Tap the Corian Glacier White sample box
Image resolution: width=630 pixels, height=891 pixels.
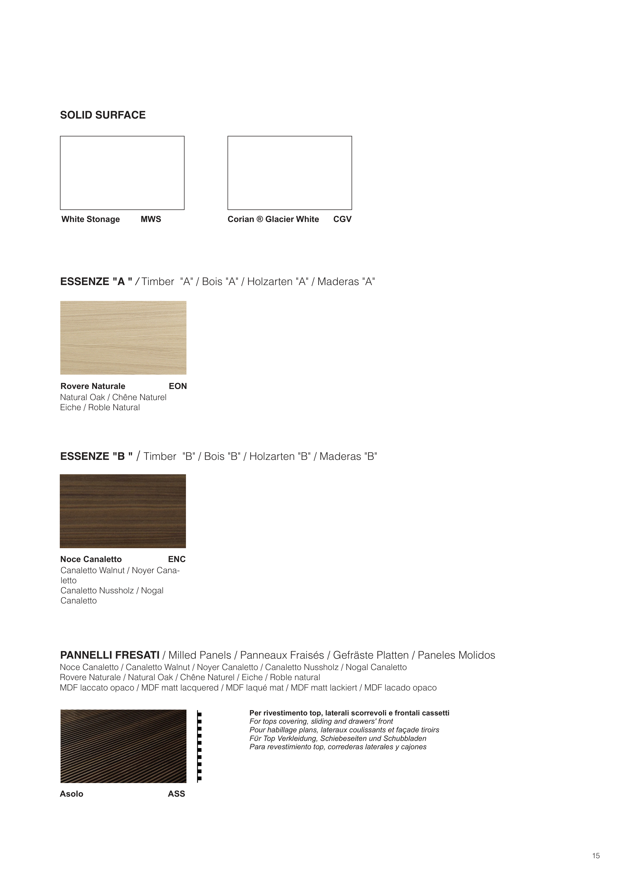click(x=290, y=173)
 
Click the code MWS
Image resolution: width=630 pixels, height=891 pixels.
click(x=151, y=219)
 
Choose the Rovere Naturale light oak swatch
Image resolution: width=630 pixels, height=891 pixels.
click(x=123, y=338)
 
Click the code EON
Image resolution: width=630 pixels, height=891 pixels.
click(x=178, y=386)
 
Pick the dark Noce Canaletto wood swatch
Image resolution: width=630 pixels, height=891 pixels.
click(x=123, y=511)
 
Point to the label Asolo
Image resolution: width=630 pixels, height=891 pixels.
click(x=71, y=794)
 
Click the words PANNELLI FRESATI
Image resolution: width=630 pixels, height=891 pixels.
click(x=110, y=655)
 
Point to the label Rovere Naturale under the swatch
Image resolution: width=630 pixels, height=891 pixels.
click(x=93, y=386)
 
